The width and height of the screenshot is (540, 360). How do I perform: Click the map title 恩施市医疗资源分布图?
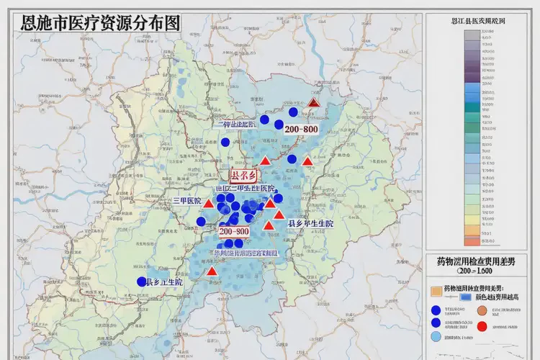tap(101, 22)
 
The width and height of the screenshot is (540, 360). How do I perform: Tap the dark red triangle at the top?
tap(313, 103)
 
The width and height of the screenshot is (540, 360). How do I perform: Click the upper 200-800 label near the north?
tap(302, 129)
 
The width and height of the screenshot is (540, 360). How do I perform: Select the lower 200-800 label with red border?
tap(234, 232)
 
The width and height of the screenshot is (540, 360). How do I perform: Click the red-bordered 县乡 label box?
tap(243, 175)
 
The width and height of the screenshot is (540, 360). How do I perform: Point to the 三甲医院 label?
tap(186, 201)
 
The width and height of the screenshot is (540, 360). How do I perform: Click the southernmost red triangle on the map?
tap(212, 271)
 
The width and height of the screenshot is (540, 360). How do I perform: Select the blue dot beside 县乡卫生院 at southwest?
tap(142, 282)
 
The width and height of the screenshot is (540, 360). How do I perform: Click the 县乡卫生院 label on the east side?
tap(311, 224)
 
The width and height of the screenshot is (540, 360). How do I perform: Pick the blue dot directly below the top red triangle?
tap(293, 112)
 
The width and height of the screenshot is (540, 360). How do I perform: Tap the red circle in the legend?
tap(482, 326)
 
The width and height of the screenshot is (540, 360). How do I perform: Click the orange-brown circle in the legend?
tap(482, 311)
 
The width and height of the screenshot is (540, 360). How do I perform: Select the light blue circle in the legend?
tap(435, 336)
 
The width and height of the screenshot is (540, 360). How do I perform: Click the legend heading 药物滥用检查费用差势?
tap(477, 260)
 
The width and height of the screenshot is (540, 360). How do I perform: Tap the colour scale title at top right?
tap(477, 22)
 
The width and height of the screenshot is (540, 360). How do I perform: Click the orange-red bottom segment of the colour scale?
tap(477, 241)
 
